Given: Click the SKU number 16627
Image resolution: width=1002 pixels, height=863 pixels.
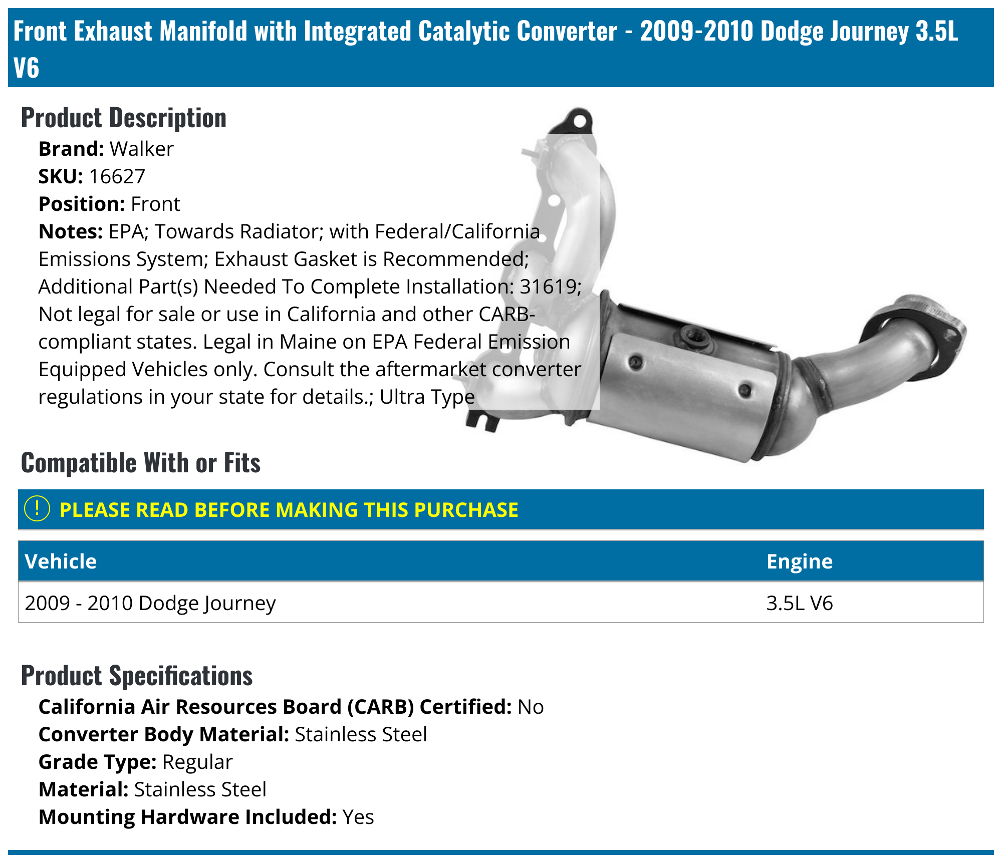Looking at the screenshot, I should pyautogui.click(x=117, y=176).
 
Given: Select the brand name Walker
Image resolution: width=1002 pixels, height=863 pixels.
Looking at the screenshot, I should pyautogui.click(x=141, y=149).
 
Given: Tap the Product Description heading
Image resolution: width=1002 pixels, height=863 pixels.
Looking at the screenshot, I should pyautogui.click(x=123, y=118).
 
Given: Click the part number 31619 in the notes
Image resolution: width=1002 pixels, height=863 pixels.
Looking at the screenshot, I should pyautogui.click(x=549, y=286).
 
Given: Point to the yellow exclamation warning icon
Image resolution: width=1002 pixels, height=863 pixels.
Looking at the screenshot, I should pyautogui.click(x=37, y=509).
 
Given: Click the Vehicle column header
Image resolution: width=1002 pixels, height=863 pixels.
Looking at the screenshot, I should pyautogui.click(x=61, y=561).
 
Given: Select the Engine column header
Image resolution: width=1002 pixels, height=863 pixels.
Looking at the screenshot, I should pyautogui.click(x=799, y=561).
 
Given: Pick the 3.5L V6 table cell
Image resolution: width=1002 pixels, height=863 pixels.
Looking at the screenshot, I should pyautogui.click(x=799, y=603).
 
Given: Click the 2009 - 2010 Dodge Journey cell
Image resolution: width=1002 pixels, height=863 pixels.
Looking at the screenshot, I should pyautogui.click(x=150, y=603).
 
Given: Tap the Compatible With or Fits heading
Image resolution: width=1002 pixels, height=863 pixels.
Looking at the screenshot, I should pyautogui.click(x=140, y=463).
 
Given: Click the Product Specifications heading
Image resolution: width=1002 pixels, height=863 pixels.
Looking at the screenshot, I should pyautogui.click(x=136, y=676).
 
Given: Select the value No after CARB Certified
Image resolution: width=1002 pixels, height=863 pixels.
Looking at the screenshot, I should pyautogui.click(x=531, y=707).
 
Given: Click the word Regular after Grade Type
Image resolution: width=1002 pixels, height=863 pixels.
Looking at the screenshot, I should pyautogui.click(x=197, y=762).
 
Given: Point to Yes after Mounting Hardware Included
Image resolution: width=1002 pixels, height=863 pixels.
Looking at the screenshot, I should pyautogui.click(x=358, y=817).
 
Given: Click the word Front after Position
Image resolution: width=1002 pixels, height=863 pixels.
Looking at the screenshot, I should pyautogui.click(x=155, y=204).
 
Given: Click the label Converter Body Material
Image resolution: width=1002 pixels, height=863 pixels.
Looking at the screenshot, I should pyautogui.click(x=164, y=734).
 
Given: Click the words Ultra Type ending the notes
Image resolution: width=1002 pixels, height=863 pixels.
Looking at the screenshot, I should pyautogui.click(x=427, y=397).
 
